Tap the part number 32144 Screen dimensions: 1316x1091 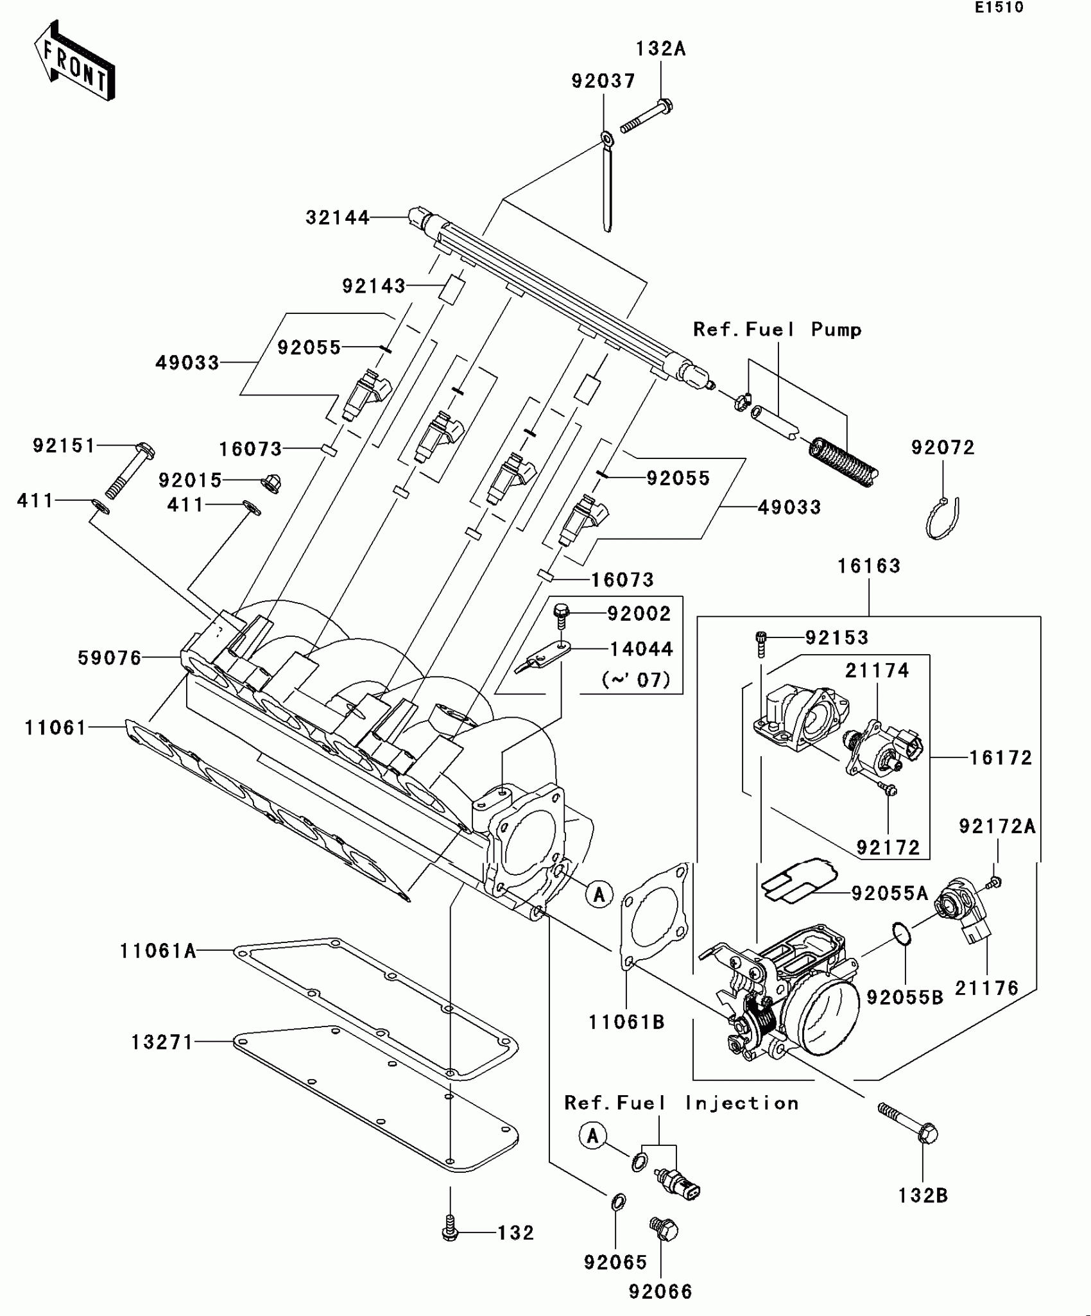337,218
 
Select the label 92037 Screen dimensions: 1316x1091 603,82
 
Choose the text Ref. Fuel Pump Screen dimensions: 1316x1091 777,330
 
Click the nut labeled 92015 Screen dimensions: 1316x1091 272,483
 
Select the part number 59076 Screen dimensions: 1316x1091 109,658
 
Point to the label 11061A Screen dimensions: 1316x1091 158,951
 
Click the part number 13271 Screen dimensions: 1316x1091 162,1043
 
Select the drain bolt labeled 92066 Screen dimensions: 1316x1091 665,1229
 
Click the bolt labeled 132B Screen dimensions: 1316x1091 909,1124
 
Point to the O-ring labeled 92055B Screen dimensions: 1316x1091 901,934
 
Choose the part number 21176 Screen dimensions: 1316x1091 986,989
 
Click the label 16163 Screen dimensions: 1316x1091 869,567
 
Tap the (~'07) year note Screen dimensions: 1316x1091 636,679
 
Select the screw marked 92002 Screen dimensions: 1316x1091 562,616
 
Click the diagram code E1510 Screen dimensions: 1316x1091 999,8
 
